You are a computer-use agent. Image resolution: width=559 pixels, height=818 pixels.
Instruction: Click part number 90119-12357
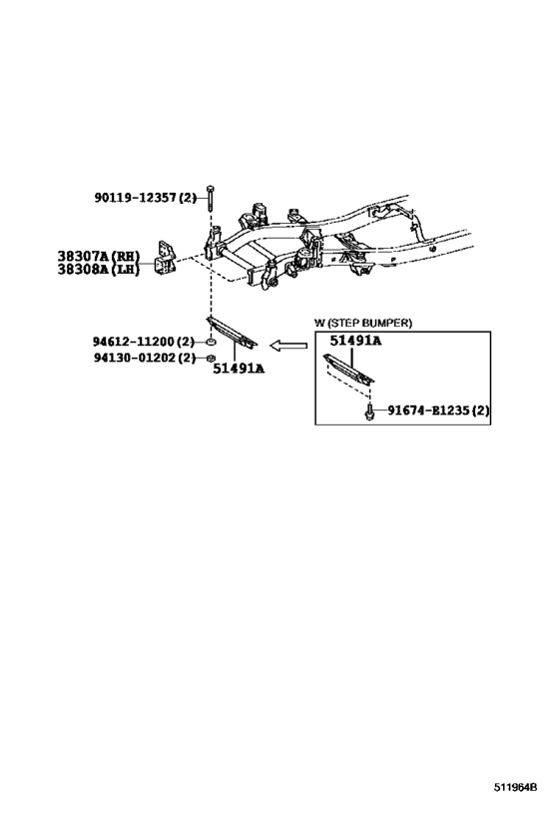[135, 198]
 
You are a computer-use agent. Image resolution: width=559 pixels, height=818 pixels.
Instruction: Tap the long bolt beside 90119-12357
[210, 197]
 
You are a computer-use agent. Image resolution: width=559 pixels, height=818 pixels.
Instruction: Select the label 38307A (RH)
[99, 256]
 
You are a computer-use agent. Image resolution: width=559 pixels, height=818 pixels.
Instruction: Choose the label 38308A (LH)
[99, 270]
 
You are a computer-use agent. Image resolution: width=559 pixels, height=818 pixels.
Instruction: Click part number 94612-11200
[134, 342]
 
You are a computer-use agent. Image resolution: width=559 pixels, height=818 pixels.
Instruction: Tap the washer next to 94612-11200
[211, 342]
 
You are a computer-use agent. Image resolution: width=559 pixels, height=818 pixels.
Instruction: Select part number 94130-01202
[134, 358]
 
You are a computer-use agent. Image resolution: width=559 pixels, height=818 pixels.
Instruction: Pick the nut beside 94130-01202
[211, 358]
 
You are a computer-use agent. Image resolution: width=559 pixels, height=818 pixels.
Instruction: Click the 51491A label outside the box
[239, 369]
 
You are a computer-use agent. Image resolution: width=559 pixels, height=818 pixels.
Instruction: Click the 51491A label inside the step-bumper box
[355, 342]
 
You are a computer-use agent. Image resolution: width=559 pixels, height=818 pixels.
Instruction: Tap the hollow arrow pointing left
[288, 345]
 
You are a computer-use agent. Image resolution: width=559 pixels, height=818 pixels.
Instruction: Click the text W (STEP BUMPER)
[363, 323]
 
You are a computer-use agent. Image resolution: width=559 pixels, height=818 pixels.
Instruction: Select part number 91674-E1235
[428, 410]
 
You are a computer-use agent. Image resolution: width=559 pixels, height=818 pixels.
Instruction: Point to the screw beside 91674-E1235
[369, 411]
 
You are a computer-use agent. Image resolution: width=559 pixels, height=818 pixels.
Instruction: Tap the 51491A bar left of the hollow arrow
[233, 333]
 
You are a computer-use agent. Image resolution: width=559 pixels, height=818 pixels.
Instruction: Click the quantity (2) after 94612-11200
[186, 342]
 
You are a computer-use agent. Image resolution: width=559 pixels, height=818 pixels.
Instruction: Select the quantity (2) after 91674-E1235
[480, 410]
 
